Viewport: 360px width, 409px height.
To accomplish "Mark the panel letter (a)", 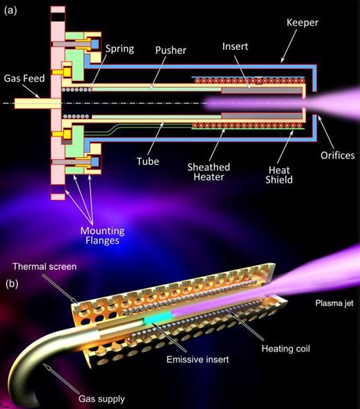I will tap(11, 9).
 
